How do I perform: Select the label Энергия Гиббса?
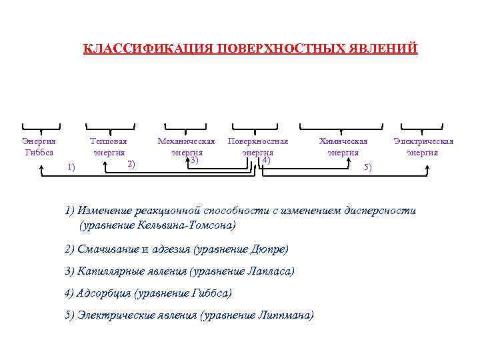pyautogui.click(x=39, y=147)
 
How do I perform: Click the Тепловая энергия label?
pyautogui.click(x=109, y=147)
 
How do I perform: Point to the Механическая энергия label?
pyautogui.click(x=186, y=147)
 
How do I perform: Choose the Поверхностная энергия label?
pyautogui.click(x=258, y=147)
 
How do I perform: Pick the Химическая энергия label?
pyautogui.click(x=343, y=147)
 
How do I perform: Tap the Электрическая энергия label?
pyautogui.click(x=423, y=147)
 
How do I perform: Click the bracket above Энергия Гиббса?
pyautogui.click(x=41, y=127)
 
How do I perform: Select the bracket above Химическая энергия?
pyautogui.click(x=341, y=127)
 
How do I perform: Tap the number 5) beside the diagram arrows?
pyautogui.click(x=368, y=167)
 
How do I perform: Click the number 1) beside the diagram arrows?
pyautogui.click(x=71, y=167)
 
